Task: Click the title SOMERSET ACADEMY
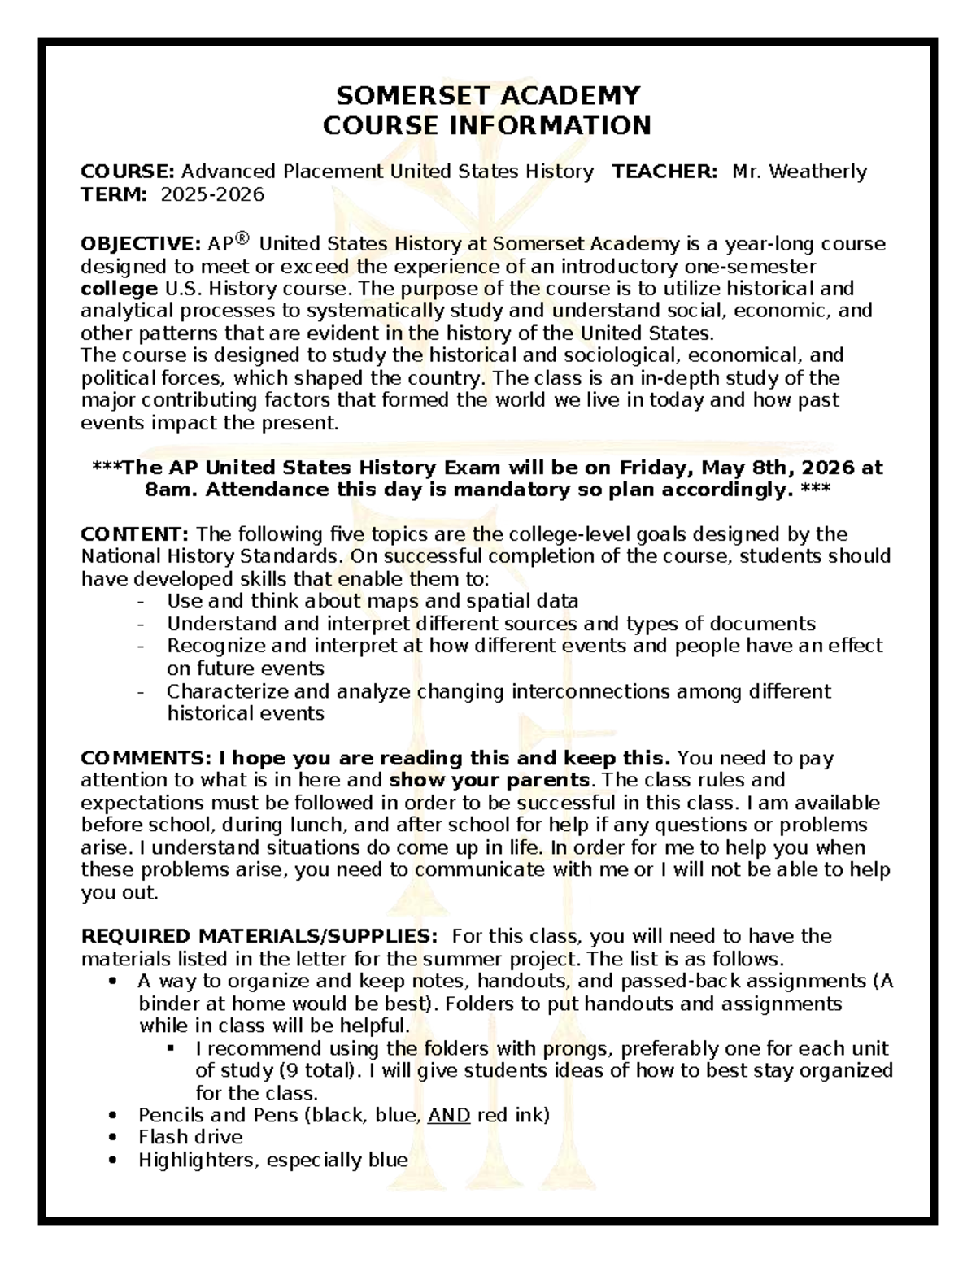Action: tap(488, 96)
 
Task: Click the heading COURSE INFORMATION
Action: tap(487, 126)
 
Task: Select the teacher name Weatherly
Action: tap(817, 172)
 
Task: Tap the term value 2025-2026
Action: tap(212, 194)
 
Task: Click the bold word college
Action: tap(119, 289)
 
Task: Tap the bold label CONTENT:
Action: tap(135, 534)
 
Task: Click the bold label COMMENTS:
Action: tap(146, 758)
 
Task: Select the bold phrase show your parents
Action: tap(490, 781)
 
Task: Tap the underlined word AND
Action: tap(449, 1115)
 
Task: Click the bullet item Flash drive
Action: tap(190, 1137)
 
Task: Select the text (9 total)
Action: tap(320, 1070)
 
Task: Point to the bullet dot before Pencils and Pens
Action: tap(112, 1115)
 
